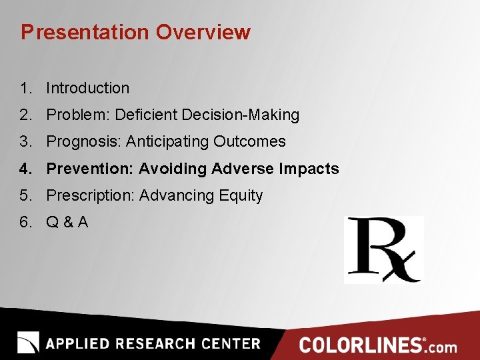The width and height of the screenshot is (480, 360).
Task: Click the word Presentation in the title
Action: click(86, 33)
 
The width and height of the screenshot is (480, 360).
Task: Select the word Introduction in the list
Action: click(87, 88)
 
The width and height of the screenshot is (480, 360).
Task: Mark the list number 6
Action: click(25, 223)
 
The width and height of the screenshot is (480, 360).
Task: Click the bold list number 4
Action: click(25, 169)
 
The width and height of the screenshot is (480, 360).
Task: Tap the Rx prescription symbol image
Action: click(384, 250)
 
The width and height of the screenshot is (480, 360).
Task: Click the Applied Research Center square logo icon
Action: click(28, 343)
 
